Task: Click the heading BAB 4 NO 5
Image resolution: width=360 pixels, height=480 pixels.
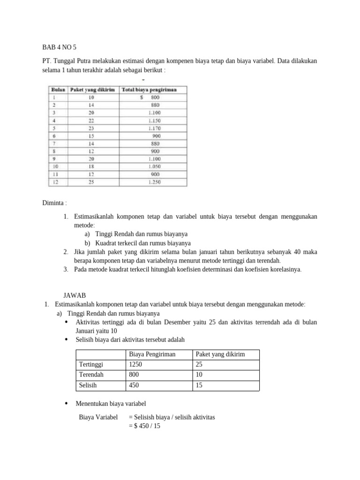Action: point(60,47)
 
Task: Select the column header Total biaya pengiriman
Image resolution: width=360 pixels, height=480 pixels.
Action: point(149,90)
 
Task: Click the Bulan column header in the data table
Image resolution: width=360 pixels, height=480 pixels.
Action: point(58,90)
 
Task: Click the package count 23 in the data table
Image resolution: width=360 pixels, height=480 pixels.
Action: point(91,128)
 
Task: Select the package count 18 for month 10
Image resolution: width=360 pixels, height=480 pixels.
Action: point(91,167)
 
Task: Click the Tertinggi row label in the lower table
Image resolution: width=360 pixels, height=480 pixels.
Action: point(91,364)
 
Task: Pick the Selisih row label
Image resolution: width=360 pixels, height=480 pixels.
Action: point(89,385)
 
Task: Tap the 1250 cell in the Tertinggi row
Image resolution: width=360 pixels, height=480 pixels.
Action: point(135,364)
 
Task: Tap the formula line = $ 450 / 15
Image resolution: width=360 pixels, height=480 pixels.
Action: point(144,426)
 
